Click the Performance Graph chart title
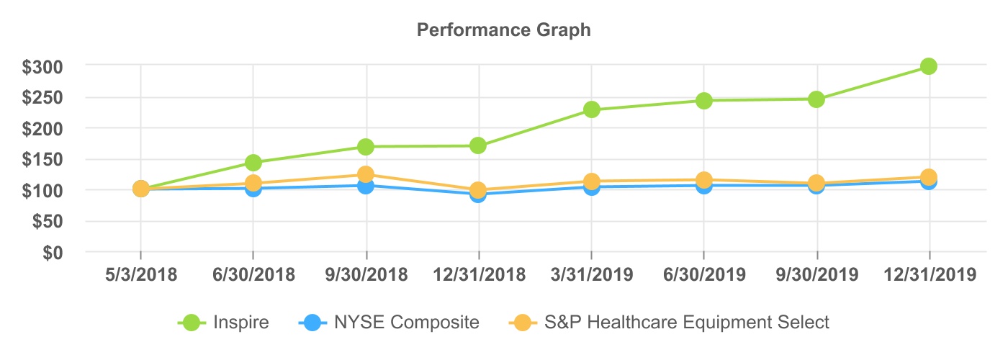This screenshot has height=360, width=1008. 504,30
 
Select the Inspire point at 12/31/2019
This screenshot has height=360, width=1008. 929,66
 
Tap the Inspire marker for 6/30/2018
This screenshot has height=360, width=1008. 253,163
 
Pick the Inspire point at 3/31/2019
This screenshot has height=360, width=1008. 592,109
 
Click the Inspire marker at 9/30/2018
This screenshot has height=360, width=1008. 366,147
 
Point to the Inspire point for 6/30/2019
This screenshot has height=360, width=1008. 703,101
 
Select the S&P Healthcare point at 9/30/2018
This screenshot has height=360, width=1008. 366,174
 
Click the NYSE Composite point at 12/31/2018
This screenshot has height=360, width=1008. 479,194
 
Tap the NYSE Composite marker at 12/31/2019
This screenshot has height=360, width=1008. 929,181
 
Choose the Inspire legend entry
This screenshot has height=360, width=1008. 224,322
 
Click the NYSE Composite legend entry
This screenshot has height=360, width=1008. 389,322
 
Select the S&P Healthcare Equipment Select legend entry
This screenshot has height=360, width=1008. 670,322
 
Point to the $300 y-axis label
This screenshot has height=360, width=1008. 43,66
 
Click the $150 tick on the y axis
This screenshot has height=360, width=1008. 43,160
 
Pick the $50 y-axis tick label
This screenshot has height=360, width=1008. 48,222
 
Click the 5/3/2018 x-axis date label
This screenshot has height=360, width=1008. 140,275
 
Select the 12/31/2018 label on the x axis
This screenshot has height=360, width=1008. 479,275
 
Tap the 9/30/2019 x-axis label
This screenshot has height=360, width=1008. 816,275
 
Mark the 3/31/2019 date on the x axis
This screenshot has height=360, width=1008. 592,275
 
